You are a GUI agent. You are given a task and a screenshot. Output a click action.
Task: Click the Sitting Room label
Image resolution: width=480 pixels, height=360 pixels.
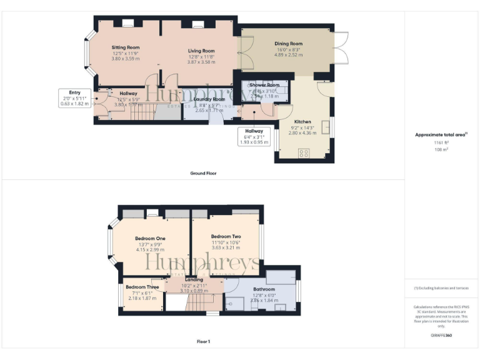pyautogui.click(x=125, y=47)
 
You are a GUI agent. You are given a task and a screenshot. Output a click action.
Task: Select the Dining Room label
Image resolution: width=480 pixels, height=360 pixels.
pyautogui.click(x=288, y=44)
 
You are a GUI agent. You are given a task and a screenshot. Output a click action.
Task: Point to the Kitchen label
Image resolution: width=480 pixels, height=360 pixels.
pyautogui.click(x=302, y=121)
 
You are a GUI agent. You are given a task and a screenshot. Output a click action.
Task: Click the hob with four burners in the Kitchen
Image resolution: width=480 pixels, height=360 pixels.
pyautogui.click(x=305, y=152)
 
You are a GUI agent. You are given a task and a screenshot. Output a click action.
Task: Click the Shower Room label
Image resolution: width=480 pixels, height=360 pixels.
pyautogui.click(x=264, y=84)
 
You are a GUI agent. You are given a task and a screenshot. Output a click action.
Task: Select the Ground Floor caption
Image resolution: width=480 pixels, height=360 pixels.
pyautogui.click(x=204, y=172)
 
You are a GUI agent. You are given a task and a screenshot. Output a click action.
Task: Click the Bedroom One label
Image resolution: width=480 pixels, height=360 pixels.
pyautogui.click(x=150, y=238)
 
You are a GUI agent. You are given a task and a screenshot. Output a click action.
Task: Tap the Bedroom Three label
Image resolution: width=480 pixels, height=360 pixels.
pyautogui.click(x=142, y=287)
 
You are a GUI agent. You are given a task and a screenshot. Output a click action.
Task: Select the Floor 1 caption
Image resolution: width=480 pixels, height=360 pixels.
pyautogui.click(x=203, y=342)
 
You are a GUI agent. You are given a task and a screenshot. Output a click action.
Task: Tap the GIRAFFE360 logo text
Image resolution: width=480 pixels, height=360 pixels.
pyautogui.click(x=441, y=336)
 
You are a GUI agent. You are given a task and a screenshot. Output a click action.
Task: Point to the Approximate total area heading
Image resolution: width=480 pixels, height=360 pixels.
pyautogui.click(x=441, y=134)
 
